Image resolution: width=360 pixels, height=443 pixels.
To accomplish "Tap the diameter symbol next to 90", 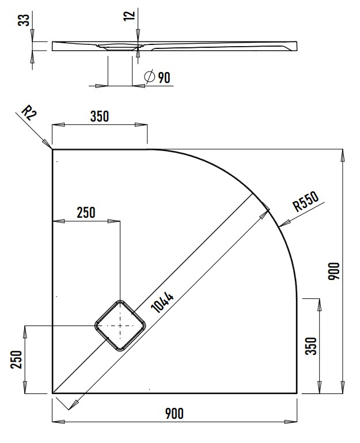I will (149, 77).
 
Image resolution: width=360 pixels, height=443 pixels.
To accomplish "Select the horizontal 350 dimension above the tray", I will (99, 116).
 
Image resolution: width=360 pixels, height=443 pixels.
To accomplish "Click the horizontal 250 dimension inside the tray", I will (86, 212).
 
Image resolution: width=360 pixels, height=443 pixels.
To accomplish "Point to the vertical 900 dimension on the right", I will (335, 271).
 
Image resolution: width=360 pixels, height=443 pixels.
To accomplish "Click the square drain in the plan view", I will (120, 325).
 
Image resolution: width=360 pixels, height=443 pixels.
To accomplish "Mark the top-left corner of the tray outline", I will (53, 150).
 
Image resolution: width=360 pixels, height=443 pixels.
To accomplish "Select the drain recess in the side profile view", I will (120, 46).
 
